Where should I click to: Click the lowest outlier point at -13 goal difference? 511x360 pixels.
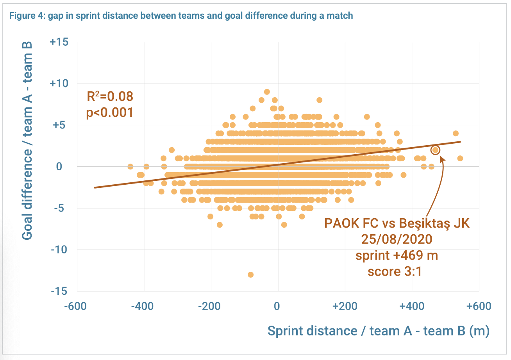[x=250, y=274]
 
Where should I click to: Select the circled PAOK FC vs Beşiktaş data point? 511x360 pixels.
[x=435, y=150]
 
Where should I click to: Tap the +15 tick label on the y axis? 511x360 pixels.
[x=59, y=42]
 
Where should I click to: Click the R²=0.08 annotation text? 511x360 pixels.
[x=110, y=96]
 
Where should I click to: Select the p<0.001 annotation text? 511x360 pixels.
[x=110, y=113]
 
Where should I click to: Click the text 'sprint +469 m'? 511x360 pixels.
[x=397, y=256]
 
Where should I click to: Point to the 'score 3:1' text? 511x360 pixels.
[x=395, y=272]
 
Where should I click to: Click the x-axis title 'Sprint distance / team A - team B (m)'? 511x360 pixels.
[x=378, y=331]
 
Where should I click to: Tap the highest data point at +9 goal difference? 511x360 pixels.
[x=267, y=92]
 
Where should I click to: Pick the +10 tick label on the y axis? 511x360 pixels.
[x=59, y=84]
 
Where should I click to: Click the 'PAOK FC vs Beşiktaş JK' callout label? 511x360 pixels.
[x=397, y=224]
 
